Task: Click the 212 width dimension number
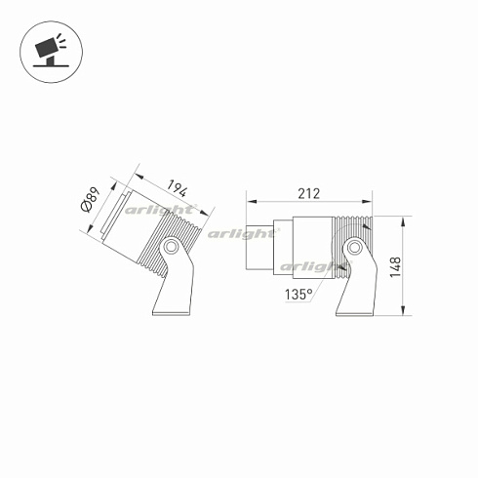(308, 193)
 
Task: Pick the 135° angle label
(299, 294)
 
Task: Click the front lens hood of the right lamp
(259, 246)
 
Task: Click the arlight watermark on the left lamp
(167, 209)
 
